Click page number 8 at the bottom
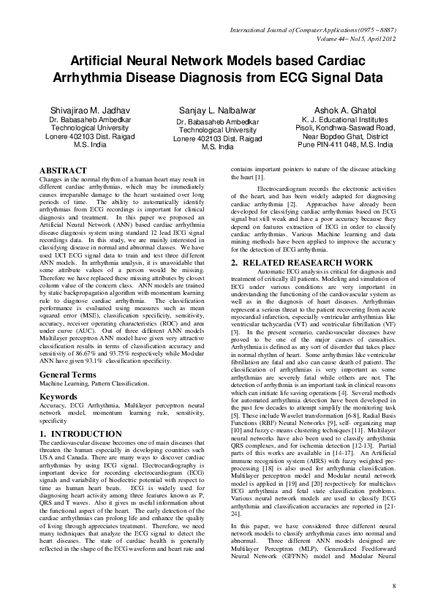click(x=393, y=587)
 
